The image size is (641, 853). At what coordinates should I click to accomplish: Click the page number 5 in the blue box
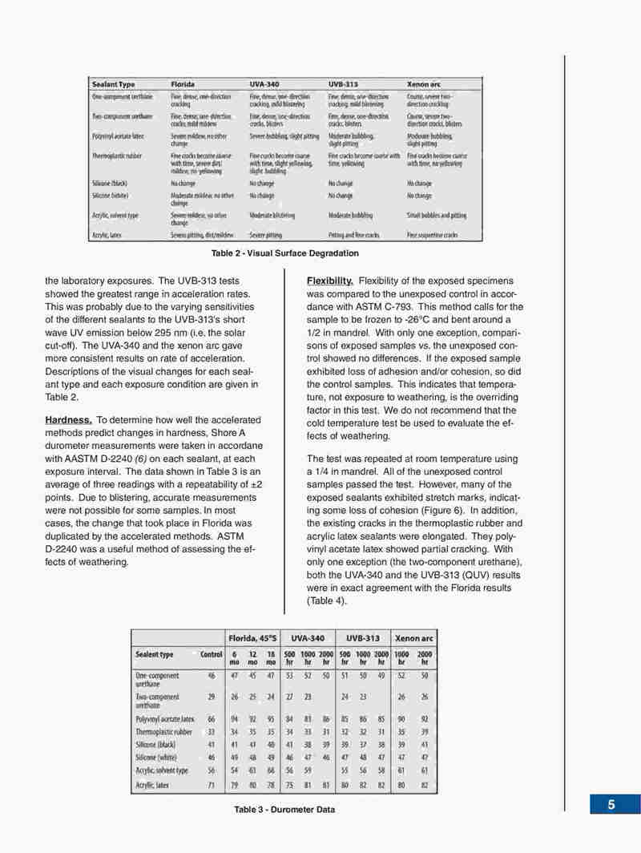611,805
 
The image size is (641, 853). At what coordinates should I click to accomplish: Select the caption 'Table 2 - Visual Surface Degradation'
284,253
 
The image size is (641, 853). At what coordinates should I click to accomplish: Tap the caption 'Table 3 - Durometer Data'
284,810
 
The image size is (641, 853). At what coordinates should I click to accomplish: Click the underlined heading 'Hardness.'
68,420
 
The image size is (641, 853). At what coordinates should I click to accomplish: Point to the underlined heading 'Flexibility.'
330,281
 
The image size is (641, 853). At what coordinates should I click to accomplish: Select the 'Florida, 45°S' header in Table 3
253,637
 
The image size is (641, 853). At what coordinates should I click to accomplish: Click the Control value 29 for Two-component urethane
209,697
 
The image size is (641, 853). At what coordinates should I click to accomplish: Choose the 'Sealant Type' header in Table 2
113,84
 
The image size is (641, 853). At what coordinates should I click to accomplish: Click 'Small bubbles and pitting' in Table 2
437,216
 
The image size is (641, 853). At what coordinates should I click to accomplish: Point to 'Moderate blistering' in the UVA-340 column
272,216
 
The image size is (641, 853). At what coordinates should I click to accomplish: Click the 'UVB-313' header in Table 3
362,637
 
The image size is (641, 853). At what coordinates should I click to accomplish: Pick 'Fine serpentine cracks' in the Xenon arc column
432,236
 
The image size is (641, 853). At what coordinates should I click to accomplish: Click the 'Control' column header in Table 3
211,654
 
